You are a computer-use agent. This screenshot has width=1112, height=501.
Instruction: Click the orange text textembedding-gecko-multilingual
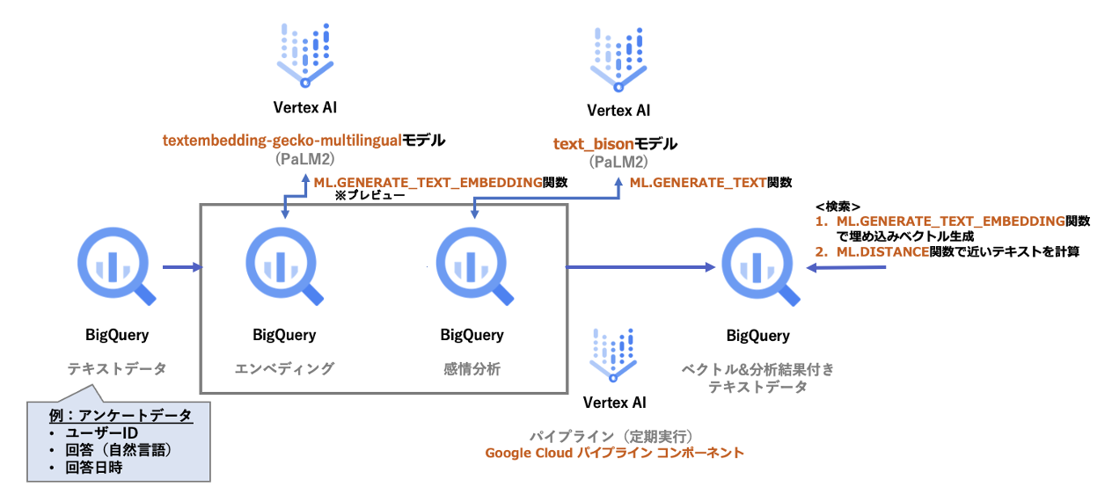pyautogui.click(x=282, y=140)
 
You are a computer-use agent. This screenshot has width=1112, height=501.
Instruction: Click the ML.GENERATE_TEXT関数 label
pyautogui.click(x=710, y=184)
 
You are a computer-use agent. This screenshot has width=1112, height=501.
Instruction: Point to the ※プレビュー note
pyautogui.click(x=369, y=197)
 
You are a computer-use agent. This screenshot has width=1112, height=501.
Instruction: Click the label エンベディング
pyautogui.click(x=283, y=369)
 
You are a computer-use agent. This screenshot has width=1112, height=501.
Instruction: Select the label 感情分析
pyautogui.click(x=472, y=369)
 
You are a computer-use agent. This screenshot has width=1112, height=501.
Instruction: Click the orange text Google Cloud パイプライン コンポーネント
pyautogui.click(x=614, y=454)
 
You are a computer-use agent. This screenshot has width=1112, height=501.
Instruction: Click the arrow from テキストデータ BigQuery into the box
pyautogui.click(x=182, y=265)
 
